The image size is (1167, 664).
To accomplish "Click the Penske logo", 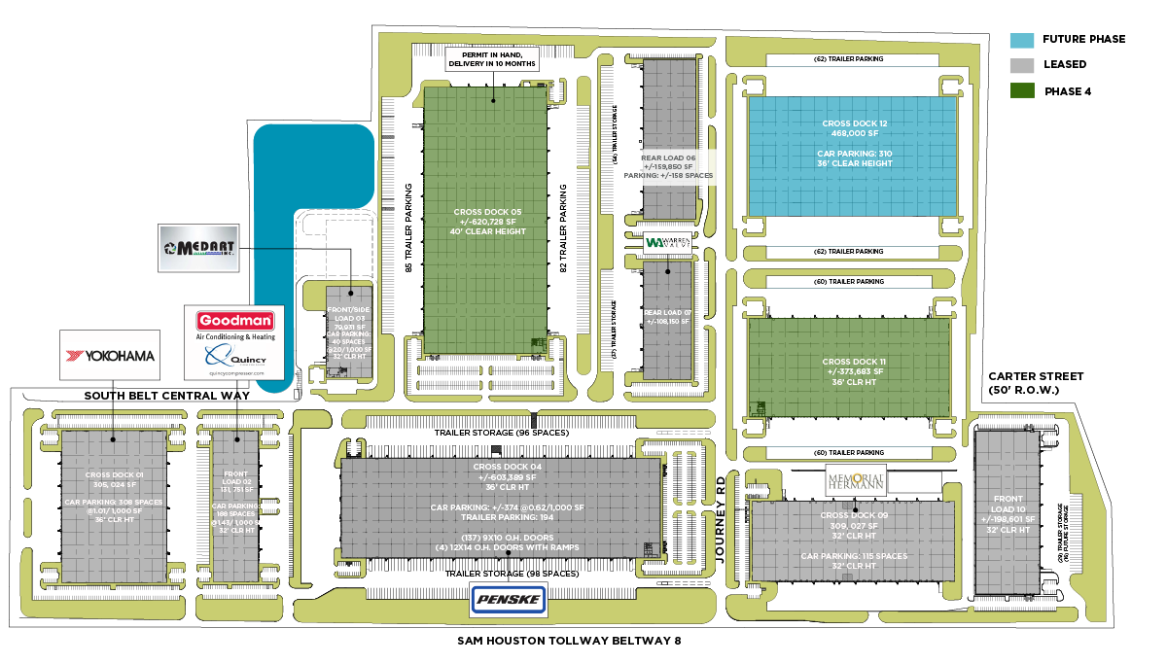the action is [508, 600].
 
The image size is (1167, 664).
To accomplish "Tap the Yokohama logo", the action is [109, 355].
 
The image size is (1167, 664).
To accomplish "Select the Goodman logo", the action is [235, 321].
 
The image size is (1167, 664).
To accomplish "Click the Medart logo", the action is [199, 249].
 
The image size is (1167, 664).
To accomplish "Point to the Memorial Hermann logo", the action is [856, 479].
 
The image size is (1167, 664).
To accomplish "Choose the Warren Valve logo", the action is [668, 242].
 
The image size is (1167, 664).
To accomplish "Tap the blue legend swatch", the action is [1022, 41].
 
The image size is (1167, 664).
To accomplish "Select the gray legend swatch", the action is [1022, 66].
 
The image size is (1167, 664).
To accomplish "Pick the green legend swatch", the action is [1022, 90].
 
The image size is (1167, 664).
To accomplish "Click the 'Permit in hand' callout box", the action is [492, 58].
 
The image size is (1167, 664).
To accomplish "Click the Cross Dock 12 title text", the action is [855, 123].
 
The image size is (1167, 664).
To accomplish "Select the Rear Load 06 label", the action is [668, 166].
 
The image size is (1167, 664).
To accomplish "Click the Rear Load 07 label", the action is [667, 317].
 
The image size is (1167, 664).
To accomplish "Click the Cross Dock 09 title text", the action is [854, 515].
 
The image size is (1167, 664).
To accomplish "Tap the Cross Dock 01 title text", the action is [114, 474].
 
